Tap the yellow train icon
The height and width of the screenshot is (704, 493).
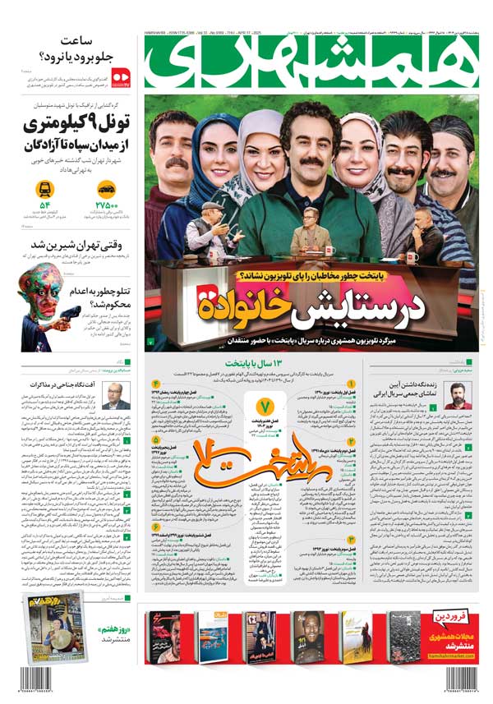pos(45,188)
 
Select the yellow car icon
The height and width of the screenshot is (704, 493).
pos(106,188)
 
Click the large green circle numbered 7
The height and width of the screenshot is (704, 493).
pos(265,407)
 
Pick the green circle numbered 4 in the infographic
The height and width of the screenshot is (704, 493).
pos(155,384)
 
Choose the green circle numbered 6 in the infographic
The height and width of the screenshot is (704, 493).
pos(155,527)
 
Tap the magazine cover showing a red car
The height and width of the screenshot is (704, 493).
pos(162,637)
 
